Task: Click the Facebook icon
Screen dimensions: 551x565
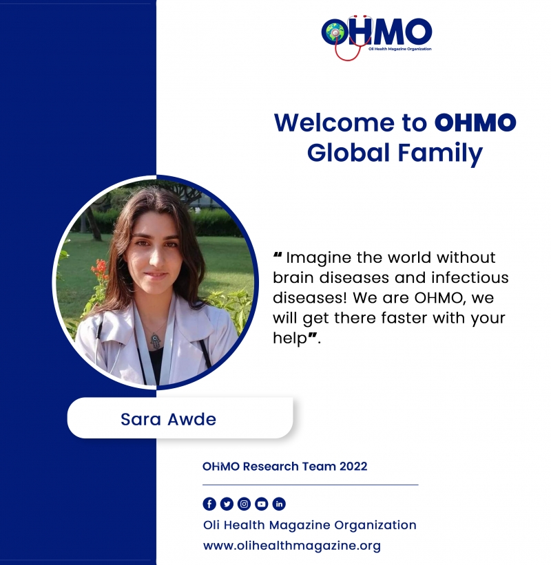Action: [209, 504]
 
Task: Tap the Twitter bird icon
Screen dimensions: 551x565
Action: [227, 504]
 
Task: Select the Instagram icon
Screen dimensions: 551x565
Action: [244, 504]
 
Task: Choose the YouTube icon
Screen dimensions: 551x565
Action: [262, 504]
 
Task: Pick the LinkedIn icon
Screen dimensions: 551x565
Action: [279, 504]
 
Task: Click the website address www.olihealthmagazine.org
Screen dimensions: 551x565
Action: [292, 546]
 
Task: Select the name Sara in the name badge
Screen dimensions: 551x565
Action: [141, 419]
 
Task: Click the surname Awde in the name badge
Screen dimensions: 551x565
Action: [192, 419]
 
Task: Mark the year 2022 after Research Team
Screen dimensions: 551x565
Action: [353, 467]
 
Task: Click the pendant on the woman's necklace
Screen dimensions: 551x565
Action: [155, 341]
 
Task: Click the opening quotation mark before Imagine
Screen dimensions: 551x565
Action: [278, 255]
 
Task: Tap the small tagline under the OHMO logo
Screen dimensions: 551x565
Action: [400, 49]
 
